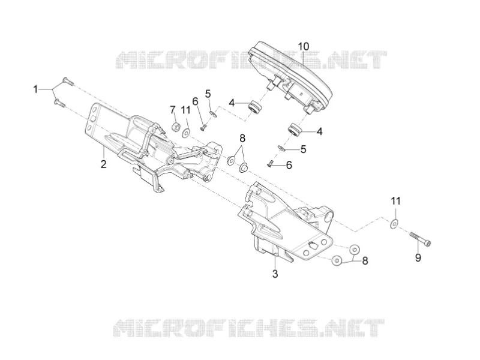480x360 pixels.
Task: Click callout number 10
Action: [x=304, y=47]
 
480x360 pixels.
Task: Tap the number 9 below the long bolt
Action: [x=418, y=257]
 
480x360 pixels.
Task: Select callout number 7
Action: [x=173, y=110]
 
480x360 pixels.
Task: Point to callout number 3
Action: [x=275, y=274]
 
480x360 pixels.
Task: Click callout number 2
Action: [x=103, y=164]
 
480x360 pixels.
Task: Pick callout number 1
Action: [x=35, y=89]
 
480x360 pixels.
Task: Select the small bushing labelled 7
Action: [x=176, y=127]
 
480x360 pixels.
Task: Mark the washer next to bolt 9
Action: [x=394, y=224]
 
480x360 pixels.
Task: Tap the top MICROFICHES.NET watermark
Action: [x=251, y=59]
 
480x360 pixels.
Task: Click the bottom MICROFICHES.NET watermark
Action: [x=248, y=328]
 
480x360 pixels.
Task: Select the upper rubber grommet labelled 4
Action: [x=254, y=107]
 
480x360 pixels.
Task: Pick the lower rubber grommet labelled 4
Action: [x=295, y=130]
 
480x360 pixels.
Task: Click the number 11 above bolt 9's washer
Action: [x=395, y=201]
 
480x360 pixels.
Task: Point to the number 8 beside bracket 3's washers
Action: [x=365, y=261]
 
